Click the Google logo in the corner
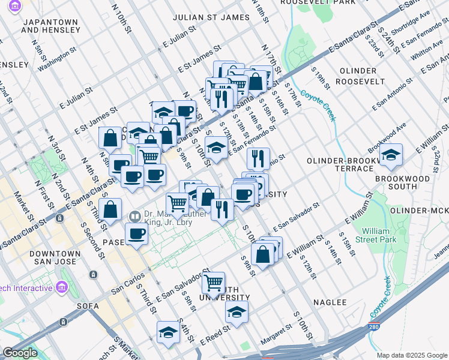coord(20,353)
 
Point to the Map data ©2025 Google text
coord(411,355)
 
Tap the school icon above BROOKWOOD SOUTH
coord(391,155)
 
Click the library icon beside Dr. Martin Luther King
coord(135,216)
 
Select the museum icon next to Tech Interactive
coord(61,288)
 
